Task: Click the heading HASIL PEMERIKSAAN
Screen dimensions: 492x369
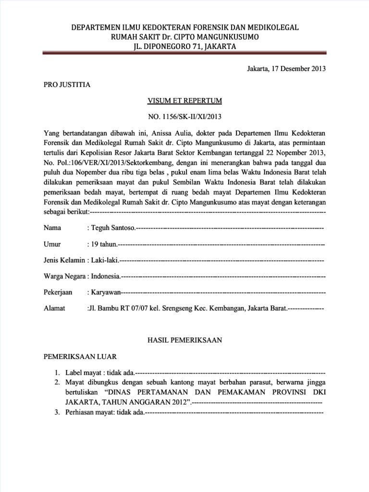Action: pos(184,340)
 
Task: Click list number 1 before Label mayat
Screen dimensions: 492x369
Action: pos(57,373)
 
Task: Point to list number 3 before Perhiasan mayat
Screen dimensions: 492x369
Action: pos(57,412)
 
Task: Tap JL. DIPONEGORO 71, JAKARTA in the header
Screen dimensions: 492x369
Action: pos(184,47)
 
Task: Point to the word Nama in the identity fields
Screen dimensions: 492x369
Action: pos(53,227)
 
